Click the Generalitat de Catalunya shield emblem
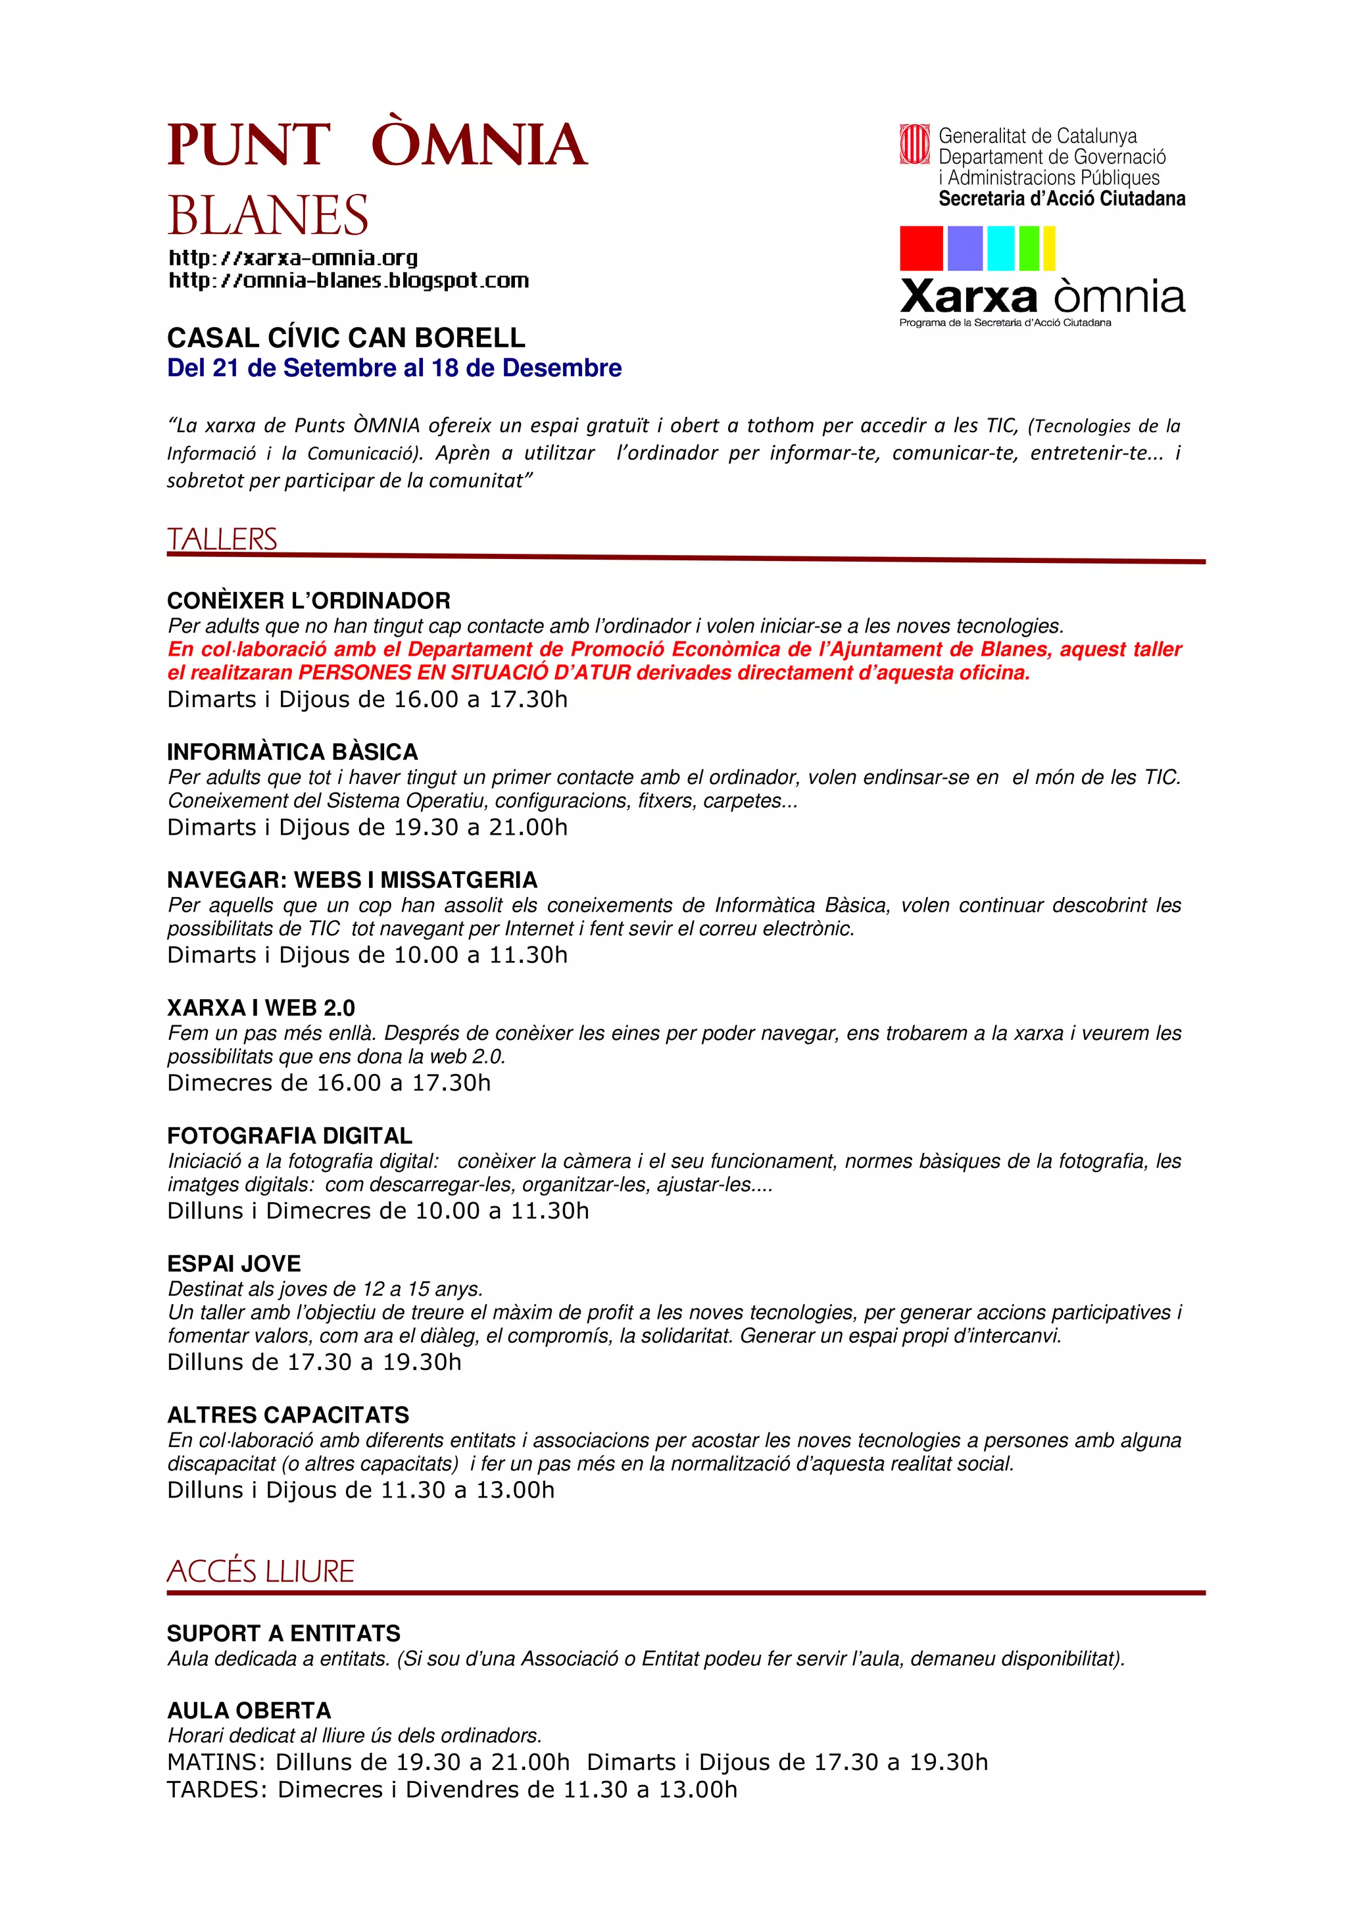pyautogui.click(x=915, y=145)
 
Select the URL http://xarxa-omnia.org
pyautogui.click(x=293, y=258)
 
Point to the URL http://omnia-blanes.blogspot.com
pyautogui.click(x=349, y=281)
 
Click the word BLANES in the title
pyautogui.click(x=268, y=216)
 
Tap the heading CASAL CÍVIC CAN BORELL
pyautogui.click(x=346, y=338)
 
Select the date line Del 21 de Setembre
pyautogui.click(x=394, y=368)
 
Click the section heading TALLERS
pyautogui.click(x=222, y=539)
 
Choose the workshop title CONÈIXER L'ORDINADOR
pyautogui.click(x=308, y=600)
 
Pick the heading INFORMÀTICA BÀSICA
pyautogui.click(x=292, y=752)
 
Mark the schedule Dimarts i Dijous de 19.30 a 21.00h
pyautogui.click(x=367, y=827)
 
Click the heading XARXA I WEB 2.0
pyautogui.click(x=260, y=1008)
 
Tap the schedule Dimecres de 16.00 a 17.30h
pyautogui.click(x=329, y=1083)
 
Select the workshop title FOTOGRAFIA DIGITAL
pyautogui.click(x=289, y=1136)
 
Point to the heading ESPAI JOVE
pyautogui.click(x=234, y=1263)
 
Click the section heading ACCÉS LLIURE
pyautogui.click(x=260, y=1571)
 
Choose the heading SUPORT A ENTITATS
pyautogui.click(x=284, y=1634)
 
